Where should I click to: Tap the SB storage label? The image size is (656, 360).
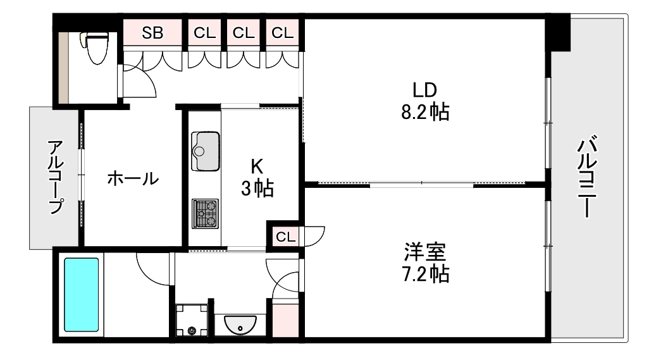152,33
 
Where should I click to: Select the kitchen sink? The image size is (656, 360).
206,151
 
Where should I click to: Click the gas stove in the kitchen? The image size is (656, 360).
205,213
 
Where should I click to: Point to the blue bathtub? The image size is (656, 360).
81,295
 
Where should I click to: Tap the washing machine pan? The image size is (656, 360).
192,320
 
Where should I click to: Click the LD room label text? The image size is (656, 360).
424,90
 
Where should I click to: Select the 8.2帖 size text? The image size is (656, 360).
425,112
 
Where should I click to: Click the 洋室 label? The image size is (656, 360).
424,252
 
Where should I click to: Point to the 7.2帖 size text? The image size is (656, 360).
425,274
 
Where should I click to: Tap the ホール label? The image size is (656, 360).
133,179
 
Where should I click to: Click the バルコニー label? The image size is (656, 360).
587,177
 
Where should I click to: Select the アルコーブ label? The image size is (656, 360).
56,177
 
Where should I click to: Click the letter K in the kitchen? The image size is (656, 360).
257,166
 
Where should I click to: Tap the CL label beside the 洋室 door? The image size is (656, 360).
286,237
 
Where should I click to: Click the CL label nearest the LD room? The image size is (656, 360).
282,33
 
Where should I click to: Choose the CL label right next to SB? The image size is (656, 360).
204,33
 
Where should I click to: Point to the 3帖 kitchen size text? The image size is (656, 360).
257,189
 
